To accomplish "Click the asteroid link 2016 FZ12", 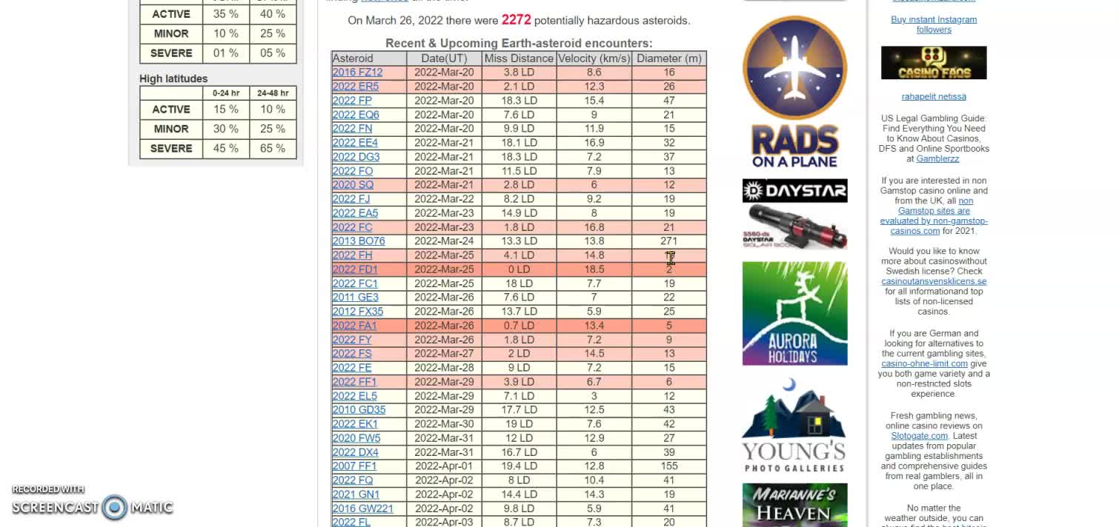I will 357,73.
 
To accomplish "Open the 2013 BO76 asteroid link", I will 359,241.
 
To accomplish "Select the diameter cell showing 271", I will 668,241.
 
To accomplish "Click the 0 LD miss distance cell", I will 519,269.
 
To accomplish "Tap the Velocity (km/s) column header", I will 594,58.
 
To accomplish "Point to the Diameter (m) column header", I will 668,58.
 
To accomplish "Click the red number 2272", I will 516,20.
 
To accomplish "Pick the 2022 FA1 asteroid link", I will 354,326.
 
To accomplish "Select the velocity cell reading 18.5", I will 594,269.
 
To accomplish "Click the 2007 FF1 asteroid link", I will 354,466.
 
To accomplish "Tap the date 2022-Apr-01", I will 443,466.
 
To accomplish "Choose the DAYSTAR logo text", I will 794,191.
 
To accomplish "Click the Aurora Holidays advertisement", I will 794,313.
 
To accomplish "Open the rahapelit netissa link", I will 934,96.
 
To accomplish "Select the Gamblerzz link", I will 937,158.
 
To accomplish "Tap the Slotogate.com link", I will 919,436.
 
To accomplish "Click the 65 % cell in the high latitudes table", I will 272,149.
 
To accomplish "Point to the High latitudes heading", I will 173,78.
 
